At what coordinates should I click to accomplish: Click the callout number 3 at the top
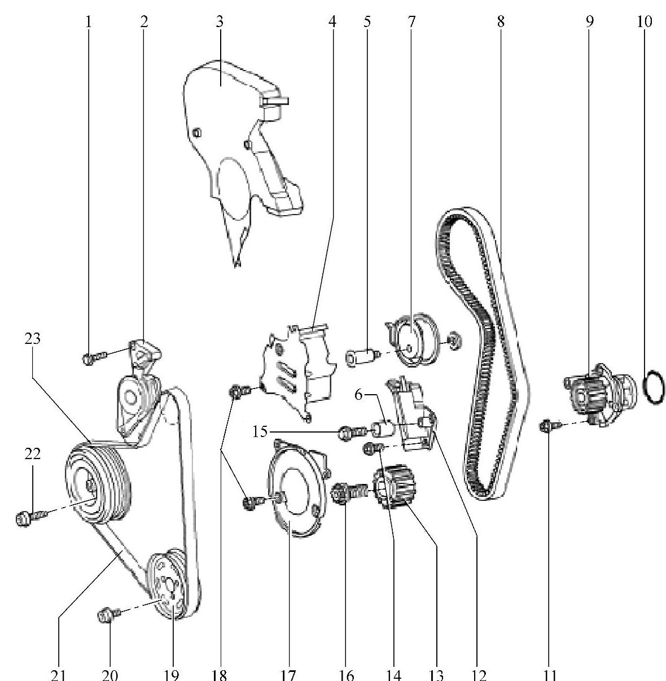tap(220, 21)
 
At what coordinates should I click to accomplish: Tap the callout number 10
tap(645, 21)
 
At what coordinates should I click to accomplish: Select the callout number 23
tap(33, 338)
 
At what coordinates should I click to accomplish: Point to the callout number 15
tap(260, 432)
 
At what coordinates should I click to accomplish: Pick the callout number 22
tap(33, 454)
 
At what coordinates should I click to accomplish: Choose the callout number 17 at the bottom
tap(288, 674)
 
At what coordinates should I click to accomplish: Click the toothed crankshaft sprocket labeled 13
tap(395, 487)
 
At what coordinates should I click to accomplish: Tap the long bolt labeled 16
tap(350, 493)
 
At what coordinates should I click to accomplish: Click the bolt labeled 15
tap(353, 433)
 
